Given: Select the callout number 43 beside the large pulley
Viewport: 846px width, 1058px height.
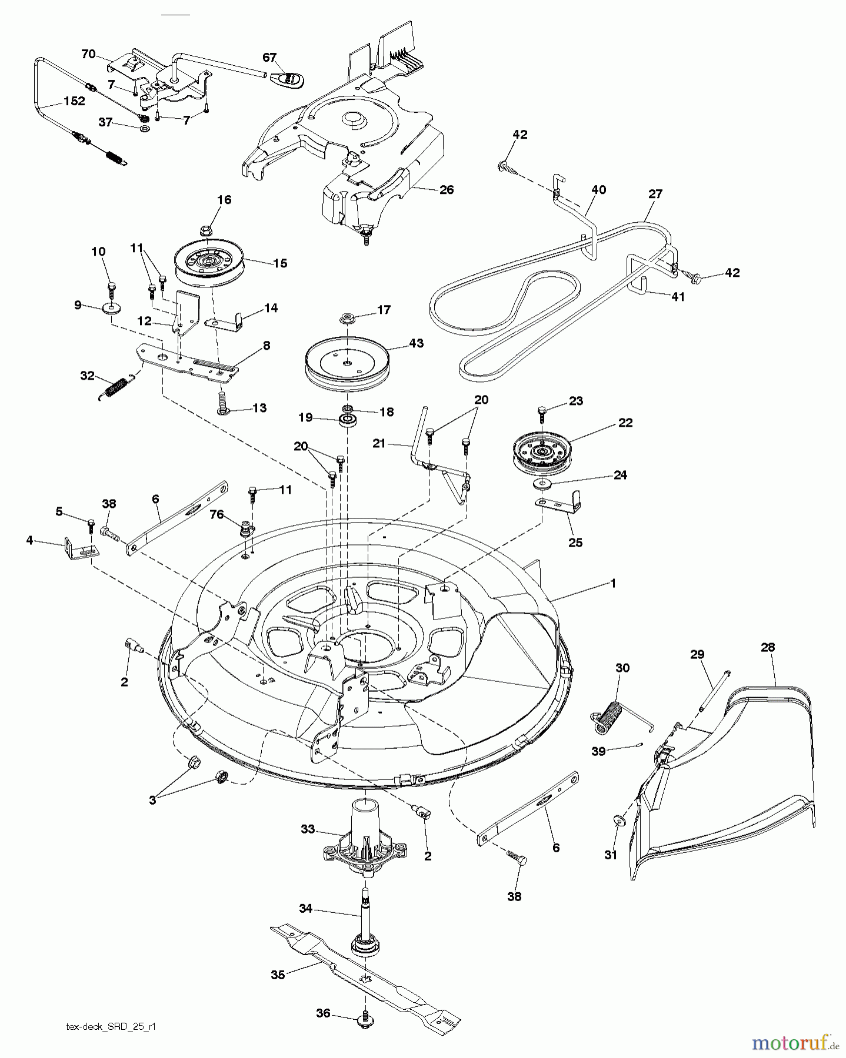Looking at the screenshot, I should (415, 343).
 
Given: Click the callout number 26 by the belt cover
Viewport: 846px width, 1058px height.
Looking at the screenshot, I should (447, 190).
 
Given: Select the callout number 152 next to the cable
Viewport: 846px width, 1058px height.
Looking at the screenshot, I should (74, 101).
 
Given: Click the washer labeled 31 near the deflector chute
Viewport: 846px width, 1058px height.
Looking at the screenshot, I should (618, 821).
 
